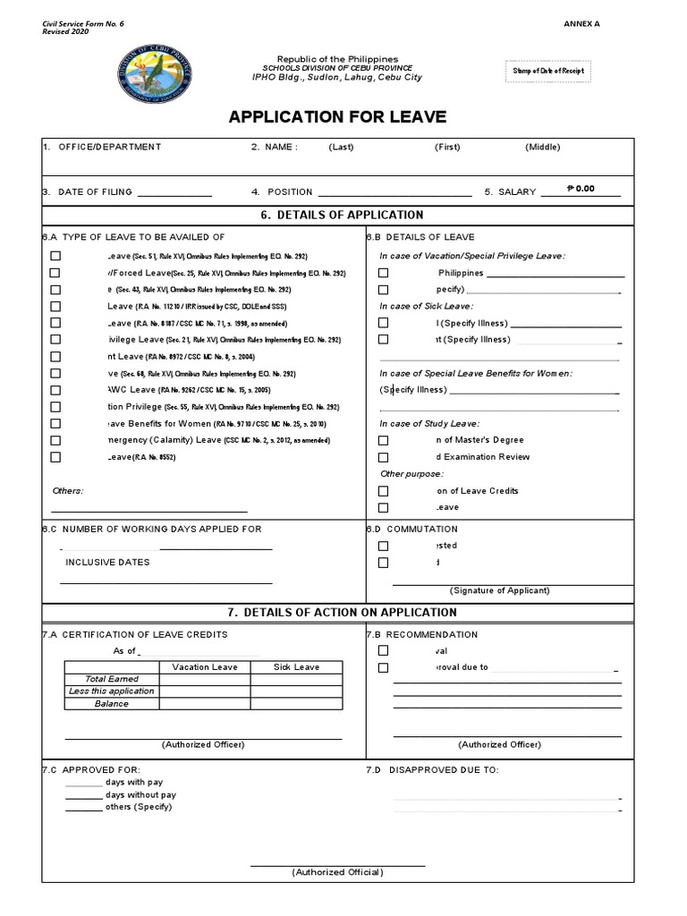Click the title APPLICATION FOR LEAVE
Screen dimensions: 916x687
click(337, 117)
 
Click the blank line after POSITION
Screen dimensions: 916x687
click(394, 193)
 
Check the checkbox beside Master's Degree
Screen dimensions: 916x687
click(383, 440)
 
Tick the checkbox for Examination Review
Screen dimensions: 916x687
click(383, 457)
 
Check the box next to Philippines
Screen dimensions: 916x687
click(383, 273)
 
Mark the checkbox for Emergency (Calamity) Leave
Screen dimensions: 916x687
click(55, 440)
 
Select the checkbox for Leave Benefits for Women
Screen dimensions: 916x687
click(55, 423)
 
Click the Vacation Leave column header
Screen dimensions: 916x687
click(204, 667)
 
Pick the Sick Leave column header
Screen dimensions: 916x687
click(295, 667)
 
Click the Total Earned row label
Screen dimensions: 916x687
click(112, 679)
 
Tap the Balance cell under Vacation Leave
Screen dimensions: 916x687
click(204, 703)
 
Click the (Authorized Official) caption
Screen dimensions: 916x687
click(337, 872)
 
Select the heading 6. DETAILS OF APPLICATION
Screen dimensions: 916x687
click(337, 216)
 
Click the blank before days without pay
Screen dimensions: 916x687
click(83, 795)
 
